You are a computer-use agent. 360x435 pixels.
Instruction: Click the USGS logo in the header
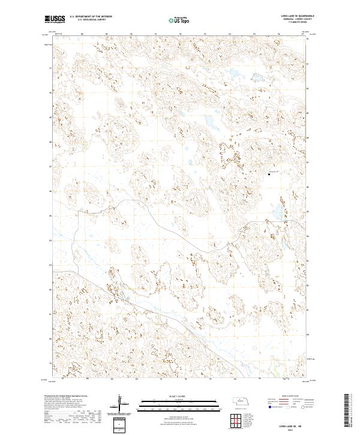coord(55,19)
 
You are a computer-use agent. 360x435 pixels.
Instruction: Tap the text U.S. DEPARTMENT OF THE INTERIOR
coord(91,17)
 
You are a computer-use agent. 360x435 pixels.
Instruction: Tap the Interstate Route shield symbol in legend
coord(269,407)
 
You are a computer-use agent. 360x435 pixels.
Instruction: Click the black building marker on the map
coord(268,175)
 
